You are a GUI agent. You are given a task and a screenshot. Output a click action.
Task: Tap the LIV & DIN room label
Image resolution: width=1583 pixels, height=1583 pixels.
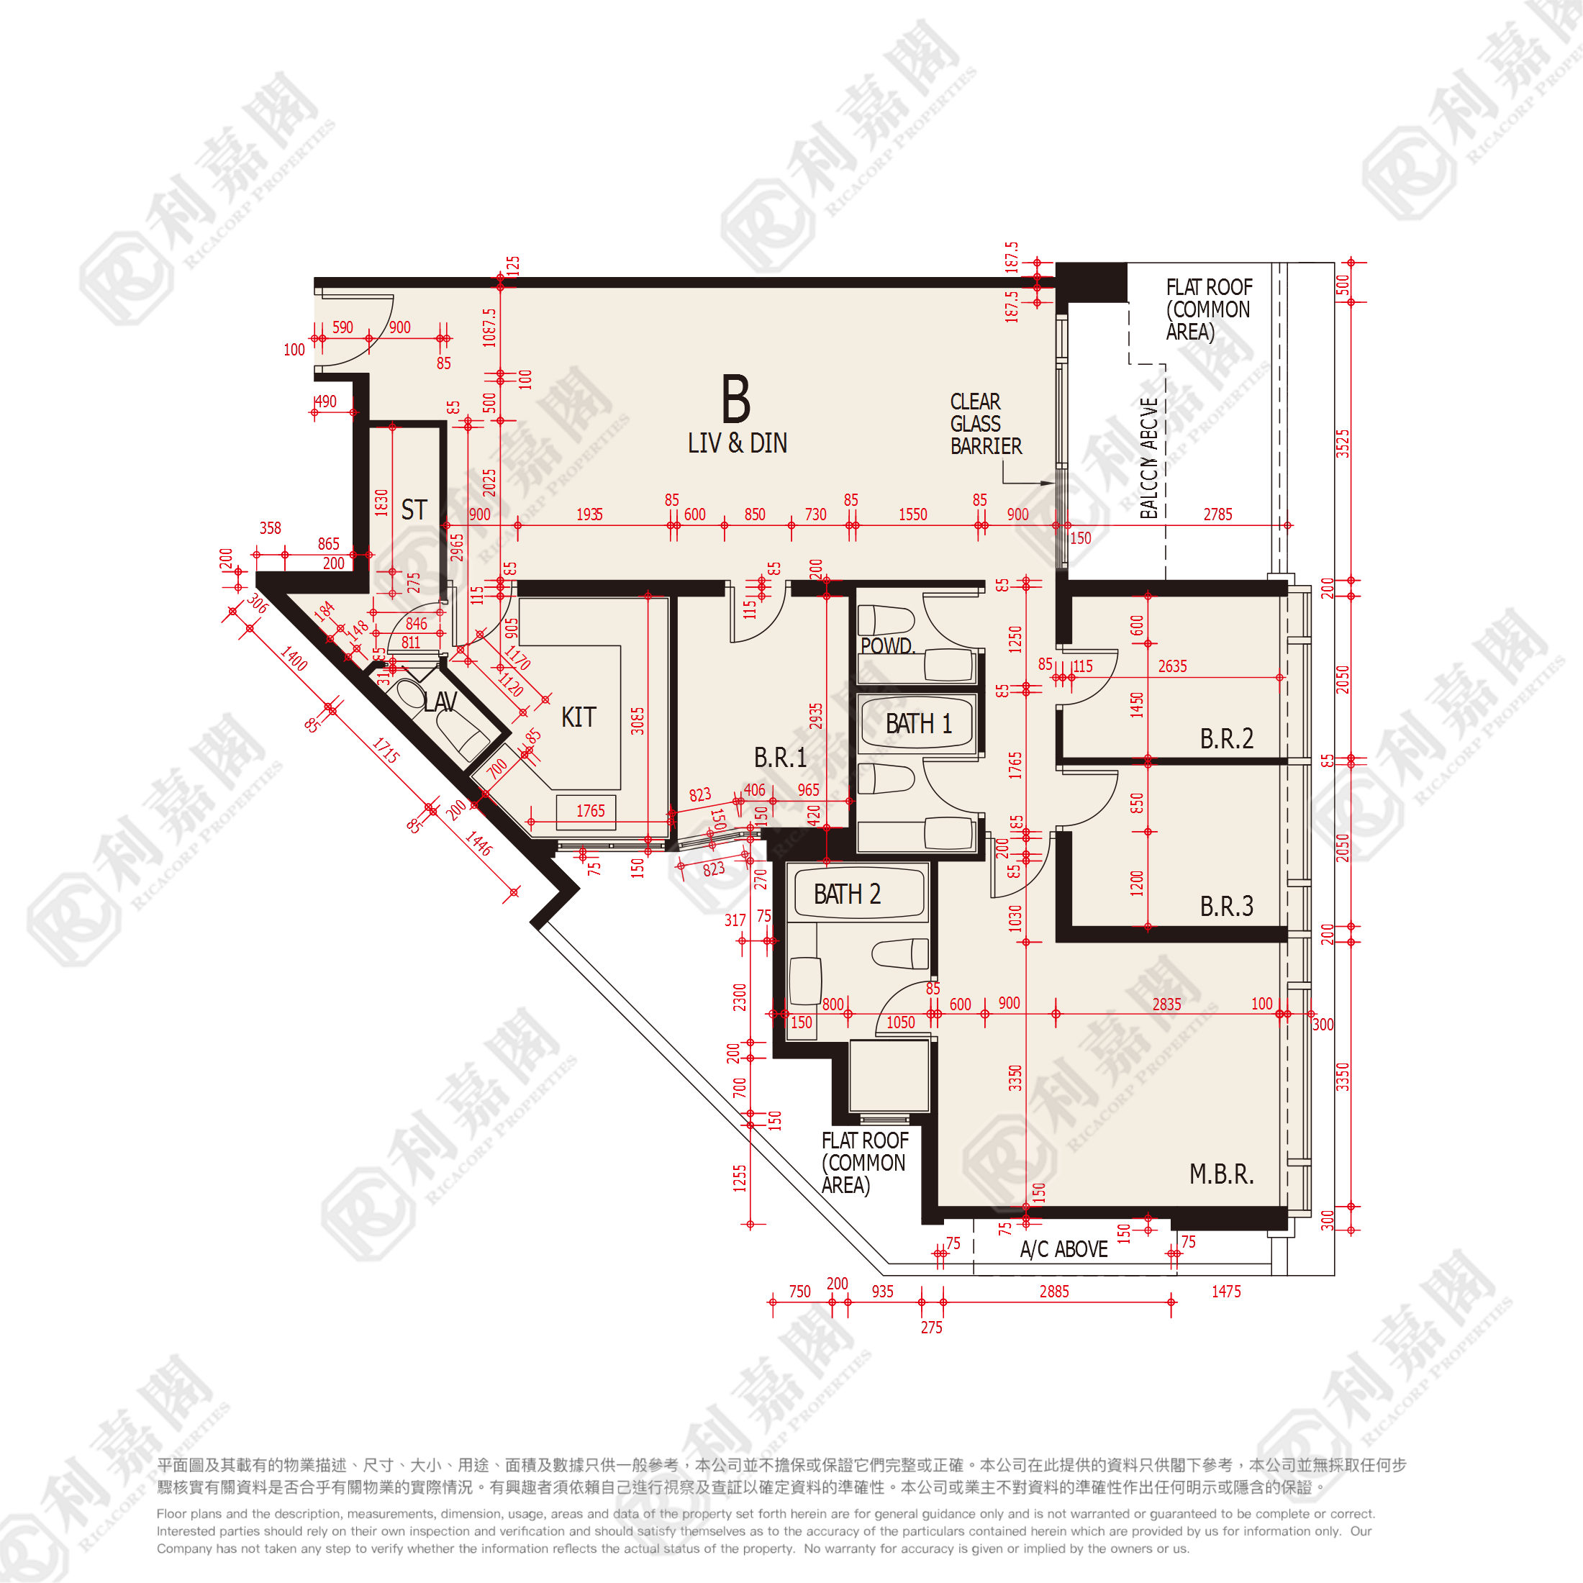coord(737,443)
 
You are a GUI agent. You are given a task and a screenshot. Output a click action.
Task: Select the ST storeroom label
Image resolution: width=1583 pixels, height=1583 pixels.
coord(414,509)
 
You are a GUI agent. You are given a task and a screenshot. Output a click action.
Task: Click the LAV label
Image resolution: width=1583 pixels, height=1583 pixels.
coord(440,702)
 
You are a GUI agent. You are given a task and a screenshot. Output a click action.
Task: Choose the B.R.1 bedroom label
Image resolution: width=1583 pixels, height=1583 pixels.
coord(780,757)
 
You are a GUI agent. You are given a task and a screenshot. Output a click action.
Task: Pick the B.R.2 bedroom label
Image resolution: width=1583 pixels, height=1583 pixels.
coord(1226,738)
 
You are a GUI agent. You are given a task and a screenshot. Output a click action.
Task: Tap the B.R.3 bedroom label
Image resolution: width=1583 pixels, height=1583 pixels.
coord(1226,905)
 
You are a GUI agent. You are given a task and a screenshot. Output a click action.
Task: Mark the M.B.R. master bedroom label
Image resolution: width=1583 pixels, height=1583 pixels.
coord(1221,1174)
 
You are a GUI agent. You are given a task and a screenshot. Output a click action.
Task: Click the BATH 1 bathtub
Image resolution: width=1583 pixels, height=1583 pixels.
coord(919,723)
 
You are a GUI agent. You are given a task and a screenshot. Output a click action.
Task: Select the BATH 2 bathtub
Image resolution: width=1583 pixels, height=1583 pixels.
coord(847,894)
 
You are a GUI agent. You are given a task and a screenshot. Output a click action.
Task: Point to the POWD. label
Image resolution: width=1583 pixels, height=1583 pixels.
coord(887,645)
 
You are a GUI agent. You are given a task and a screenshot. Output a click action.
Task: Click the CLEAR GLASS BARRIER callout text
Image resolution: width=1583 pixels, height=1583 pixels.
coord(986,424)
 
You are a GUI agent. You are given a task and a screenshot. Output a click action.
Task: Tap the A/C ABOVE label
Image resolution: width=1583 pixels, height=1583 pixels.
coord(1063,1250)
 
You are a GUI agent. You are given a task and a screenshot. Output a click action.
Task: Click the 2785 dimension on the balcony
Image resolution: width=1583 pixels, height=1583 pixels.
coord(1217,514)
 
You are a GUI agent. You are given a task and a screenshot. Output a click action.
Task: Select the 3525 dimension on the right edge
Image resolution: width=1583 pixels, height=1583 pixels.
coord(1343,443)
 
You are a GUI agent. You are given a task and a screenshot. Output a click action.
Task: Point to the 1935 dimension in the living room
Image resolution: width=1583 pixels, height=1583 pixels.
coord(589,514)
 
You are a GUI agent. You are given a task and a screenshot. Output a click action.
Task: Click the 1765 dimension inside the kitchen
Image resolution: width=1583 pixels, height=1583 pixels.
coord(590,811)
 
